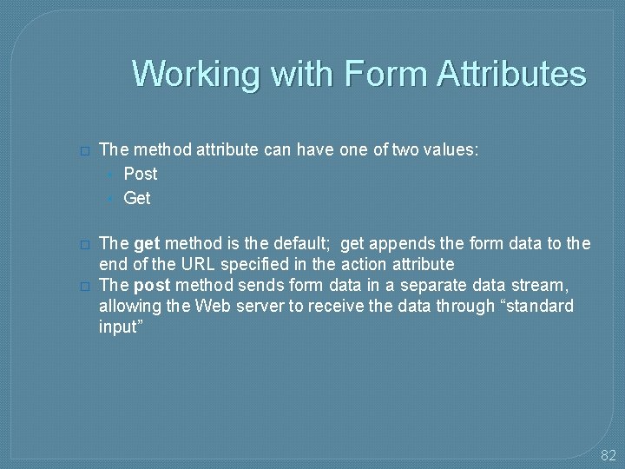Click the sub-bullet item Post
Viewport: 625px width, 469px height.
(141, 174)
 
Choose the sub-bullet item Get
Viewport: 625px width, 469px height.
(137, 198)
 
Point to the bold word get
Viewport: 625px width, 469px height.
(148, 243)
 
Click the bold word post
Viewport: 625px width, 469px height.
(151, 285)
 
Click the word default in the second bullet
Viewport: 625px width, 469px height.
(294, 243)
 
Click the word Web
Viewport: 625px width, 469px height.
(214, 306)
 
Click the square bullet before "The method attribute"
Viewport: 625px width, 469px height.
(84, 150)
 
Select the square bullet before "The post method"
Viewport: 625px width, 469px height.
(84, 286)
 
